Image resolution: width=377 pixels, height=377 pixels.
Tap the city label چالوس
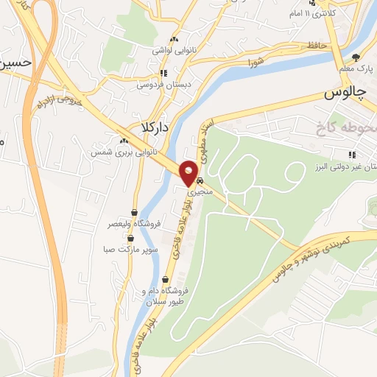pyautogui.click(x=345, y=94)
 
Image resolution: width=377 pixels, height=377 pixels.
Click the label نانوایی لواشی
pyautogui.click(x=172, y=50)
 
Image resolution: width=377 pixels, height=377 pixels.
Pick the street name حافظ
pyautogui.click(x=317, y=46)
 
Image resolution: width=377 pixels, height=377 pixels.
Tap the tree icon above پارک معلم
pyautogui.click(x=356, y=57)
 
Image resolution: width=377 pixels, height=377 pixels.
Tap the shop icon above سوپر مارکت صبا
pyautogui.click(x=131, y=238)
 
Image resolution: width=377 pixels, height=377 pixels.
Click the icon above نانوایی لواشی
pyautogui.click(x=174, y=40)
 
